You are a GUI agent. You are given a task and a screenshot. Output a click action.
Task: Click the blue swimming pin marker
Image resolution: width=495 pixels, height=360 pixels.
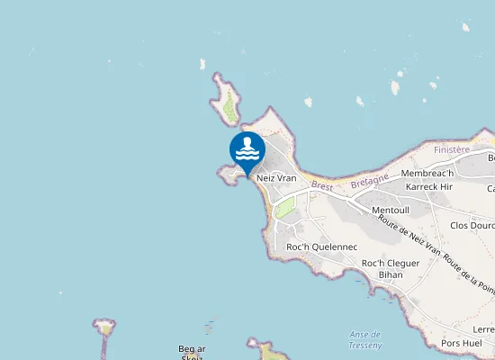pos(247,150)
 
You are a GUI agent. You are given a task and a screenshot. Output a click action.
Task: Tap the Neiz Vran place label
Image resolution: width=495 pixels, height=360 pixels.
pos(276,178)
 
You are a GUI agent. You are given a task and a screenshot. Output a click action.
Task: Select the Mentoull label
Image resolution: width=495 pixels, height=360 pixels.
pos(390,210)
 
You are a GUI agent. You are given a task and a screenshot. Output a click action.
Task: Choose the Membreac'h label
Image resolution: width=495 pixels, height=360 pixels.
pos(427,173)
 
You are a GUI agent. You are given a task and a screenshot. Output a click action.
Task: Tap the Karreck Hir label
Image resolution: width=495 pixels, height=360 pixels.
pos(427,186)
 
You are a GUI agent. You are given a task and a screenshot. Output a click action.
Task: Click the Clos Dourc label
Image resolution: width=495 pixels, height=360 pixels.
pos(471,226)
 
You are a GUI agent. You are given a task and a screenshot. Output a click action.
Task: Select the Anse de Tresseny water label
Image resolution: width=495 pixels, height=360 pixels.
pos(364,338)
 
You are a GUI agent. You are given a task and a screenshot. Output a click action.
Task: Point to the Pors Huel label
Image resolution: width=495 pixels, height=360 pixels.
pos(463,343)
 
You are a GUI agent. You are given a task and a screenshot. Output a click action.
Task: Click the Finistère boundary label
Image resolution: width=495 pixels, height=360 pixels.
pos(452,149)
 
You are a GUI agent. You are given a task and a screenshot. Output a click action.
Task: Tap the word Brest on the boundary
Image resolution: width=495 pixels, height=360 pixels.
pos(321,187)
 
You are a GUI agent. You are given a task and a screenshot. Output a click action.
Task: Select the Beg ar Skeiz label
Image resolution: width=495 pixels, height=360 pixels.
pos(192,352)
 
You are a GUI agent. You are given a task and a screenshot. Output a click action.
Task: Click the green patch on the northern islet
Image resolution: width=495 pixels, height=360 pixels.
pos(230,109)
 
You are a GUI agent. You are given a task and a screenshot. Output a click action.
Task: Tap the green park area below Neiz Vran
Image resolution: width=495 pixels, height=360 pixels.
pos(284,208)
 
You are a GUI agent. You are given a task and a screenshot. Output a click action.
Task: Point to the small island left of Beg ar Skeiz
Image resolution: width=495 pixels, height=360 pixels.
pos(105,326)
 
